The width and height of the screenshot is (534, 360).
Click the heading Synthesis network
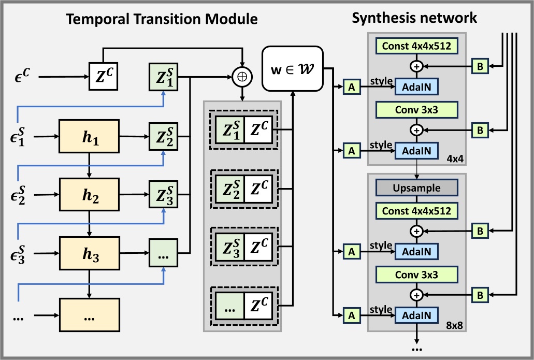point(414,19)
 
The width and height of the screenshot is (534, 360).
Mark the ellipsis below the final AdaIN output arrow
point(416,349)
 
